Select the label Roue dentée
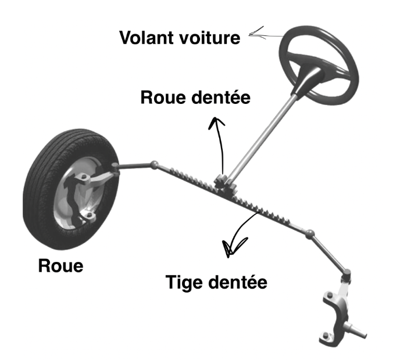pyautogui.click(x=195, y=98)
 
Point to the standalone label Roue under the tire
pyautogui.click(x=60, y=266)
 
